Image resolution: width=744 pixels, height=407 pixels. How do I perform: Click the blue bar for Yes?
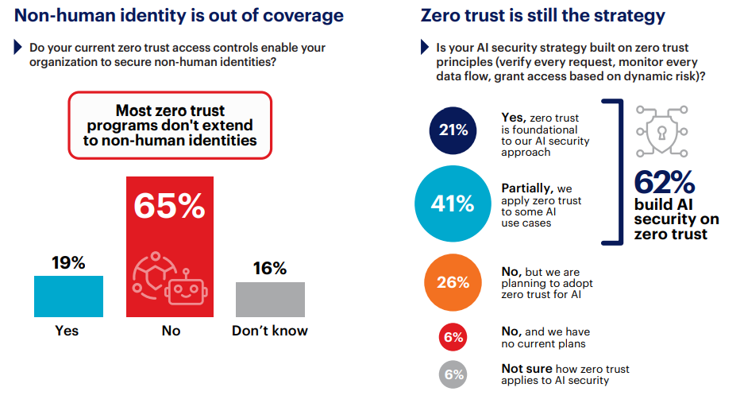click(x=68, y=297)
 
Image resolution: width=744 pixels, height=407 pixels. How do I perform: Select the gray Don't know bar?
click(x=270, y=300)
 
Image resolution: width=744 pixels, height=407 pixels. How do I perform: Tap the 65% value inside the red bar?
click(x=169, y=205)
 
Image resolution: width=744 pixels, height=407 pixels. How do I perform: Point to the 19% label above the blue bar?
click(x=68, y=263)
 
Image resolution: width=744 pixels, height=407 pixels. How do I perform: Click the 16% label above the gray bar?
click(x=270, y=269)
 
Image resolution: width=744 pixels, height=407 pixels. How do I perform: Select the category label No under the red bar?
click(x=171, y=331)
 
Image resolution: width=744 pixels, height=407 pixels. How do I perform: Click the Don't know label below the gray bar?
click(x=270, y=331)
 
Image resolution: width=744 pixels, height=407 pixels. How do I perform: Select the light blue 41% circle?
click(x=453, y=204)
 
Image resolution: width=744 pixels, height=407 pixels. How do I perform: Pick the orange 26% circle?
click(x=453, y=282)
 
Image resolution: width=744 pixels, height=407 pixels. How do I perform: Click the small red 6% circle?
click(x=453, y=337)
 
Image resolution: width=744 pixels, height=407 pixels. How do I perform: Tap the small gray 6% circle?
click(x=453, y=374)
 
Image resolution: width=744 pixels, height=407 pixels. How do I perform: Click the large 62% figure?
click(x=665, y=183)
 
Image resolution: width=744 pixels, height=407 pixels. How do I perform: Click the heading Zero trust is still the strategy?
click(x=542, y=15)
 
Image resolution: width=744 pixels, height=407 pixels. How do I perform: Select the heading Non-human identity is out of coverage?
click(x=179, y=15)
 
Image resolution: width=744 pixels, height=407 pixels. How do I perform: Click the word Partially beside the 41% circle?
click(x=526, y=188)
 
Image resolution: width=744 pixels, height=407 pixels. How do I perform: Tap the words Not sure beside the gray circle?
click(x=523, y=369)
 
